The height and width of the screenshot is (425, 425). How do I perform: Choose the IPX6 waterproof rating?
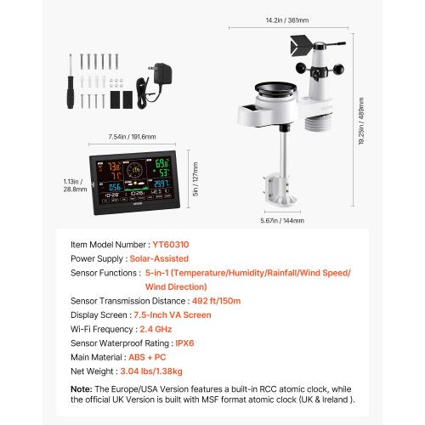185,343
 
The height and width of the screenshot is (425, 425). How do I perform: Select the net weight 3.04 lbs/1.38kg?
162,371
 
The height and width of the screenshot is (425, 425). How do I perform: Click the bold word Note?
82,389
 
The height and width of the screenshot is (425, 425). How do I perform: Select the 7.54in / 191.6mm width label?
125,136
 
